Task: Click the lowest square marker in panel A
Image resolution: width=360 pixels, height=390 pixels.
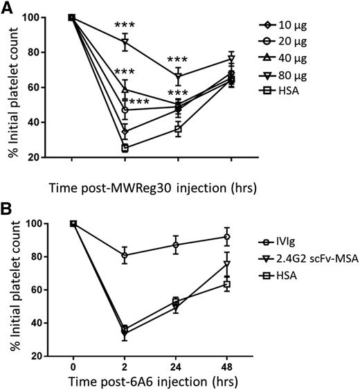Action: [125, 148]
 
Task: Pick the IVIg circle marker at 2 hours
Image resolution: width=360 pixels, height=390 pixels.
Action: [125, 255]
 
